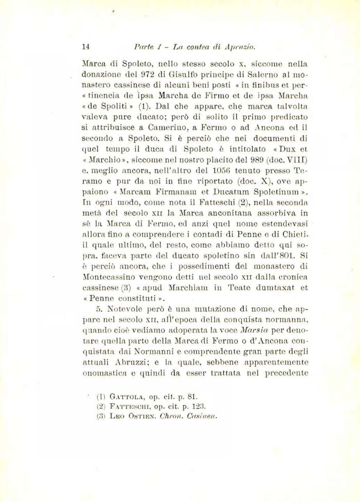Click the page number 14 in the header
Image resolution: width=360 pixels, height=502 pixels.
[x=86, y=46]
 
